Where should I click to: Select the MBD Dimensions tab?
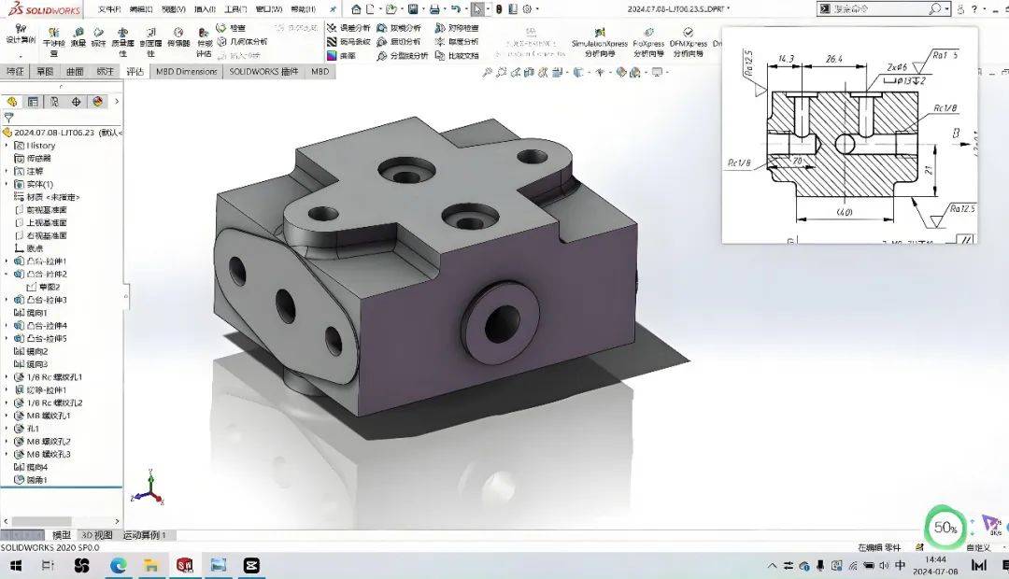186,71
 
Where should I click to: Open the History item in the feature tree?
41,146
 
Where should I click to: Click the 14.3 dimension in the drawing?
785,60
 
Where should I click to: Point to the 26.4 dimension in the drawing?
833,60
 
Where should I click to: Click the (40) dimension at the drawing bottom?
844,213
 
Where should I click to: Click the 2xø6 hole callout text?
897,68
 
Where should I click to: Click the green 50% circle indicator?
945,528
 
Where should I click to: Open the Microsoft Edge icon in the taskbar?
119,566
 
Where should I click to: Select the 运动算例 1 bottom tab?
144,535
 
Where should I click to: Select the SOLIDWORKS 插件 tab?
263,71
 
